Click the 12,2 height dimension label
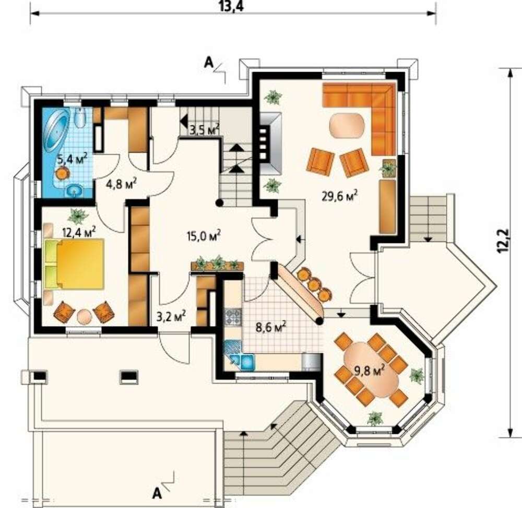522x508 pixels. point(504,240)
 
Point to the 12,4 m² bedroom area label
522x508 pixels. point(79,231)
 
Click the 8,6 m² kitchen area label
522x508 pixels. point(271,327)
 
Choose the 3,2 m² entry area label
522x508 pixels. point(171,316)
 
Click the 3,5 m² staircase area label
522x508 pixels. point(204,129)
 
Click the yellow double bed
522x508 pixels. point(74,264)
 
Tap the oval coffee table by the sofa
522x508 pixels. point(347,125)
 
